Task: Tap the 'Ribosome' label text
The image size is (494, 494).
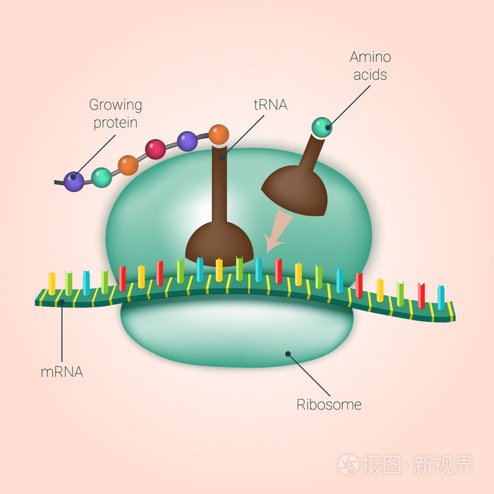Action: tap(329, 405)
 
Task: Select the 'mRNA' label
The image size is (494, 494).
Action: tap(62, 370)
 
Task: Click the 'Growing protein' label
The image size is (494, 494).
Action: tap(115, 114)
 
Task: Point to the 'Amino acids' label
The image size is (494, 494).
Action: tap(370, 66)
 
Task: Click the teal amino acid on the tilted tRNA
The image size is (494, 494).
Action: tap(322, 127)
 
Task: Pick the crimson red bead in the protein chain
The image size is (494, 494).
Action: tap(155, 149)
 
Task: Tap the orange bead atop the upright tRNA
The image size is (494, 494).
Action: tap(219, 134)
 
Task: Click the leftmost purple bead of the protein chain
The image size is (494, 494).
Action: tap(73, 181)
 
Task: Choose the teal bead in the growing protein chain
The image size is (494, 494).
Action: tap(102, 176)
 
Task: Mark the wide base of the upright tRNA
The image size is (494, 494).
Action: tap(219, 243)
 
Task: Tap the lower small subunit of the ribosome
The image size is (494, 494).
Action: tap(236, 332)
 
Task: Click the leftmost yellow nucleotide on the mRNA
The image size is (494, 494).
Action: tap(52, 282)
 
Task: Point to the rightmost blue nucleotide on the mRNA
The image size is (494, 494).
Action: tap(441, 297)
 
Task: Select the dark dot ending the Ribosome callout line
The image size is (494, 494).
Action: tap(287, 354)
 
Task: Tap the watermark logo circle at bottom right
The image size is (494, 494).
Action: tap(348, 464)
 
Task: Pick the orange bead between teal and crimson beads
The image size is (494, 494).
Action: tap(128, 165)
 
